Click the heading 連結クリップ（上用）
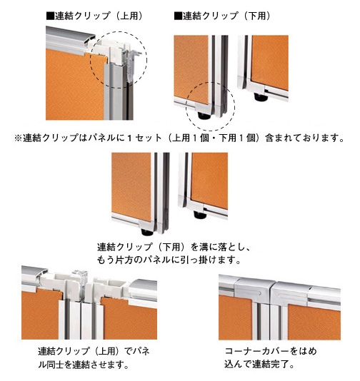[99, 16]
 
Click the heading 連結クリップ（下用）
[226, 16]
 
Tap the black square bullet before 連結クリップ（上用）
[50, 16]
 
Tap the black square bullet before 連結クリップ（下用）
[178, 16]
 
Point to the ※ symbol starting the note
[18, 138]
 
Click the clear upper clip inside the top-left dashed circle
[131, 63]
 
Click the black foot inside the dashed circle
[204, 116]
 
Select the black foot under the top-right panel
[261, 97]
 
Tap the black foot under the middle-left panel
[147, 233]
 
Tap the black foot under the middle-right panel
[200, 215]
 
